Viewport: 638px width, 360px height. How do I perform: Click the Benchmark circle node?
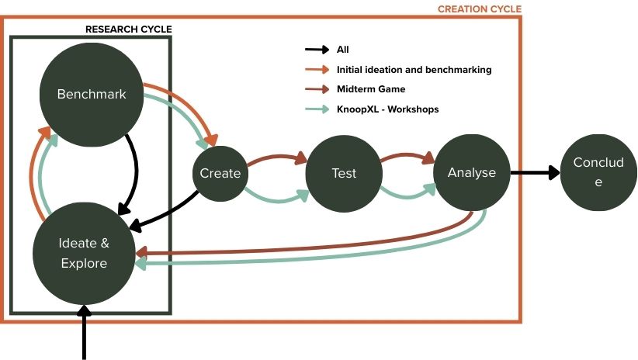point(92,95)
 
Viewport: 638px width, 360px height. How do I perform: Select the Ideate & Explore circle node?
point(84,253)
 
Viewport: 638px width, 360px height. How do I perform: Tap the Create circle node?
point(220,173)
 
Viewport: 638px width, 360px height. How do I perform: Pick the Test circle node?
point(344,173)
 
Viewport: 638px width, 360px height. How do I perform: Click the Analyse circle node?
point(471,173)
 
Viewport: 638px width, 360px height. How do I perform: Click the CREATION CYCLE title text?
point(479,9)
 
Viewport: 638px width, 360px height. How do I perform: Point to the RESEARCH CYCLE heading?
point(128,29)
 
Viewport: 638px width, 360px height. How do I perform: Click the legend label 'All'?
point(343,50)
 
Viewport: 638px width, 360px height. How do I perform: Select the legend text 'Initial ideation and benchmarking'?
point(414,70)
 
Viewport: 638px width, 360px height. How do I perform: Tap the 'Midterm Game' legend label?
point(371,89)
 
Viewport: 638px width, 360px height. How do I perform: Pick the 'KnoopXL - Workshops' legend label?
point(387,109)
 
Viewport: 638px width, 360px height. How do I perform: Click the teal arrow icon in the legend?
point(317,109)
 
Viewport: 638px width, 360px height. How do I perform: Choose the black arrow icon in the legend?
point(317,50)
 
